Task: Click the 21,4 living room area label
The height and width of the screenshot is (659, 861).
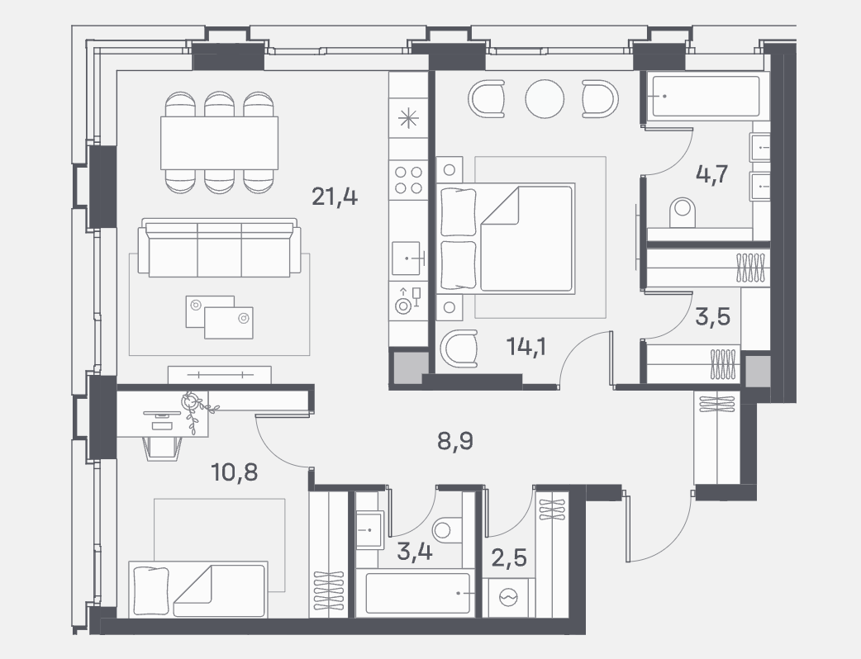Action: click(x=335, y=196)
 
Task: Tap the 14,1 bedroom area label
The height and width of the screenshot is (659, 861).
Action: click(x=526, y=347)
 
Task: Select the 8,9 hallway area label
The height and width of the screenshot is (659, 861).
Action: click(x=455, y=441)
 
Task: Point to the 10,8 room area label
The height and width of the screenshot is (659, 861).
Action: click(x=235, y=472)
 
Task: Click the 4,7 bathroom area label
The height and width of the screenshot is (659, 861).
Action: click(x=711, y=174)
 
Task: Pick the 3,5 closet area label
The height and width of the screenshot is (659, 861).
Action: click(x=713, y=317)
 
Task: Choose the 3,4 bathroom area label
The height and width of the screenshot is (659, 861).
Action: click(x=415, y=552)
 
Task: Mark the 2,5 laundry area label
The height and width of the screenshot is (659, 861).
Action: click(x=509, y=558)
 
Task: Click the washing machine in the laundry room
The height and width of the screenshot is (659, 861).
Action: click(x=509, y=597)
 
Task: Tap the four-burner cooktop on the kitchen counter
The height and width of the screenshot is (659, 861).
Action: click(x=408, y=180)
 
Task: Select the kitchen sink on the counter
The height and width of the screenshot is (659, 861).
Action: click(x=407, y=258)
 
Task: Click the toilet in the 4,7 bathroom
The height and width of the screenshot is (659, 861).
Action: click(x=683, y=213)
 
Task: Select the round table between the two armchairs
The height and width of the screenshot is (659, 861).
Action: click(x=545, y=99)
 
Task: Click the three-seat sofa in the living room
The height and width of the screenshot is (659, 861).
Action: click(x=219, y=248)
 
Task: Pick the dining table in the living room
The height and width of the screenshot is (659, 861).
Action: click(x=219, y=143)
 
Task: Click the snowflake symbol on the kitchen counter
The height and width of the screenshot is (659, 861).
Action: click(x=408, y=119)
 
